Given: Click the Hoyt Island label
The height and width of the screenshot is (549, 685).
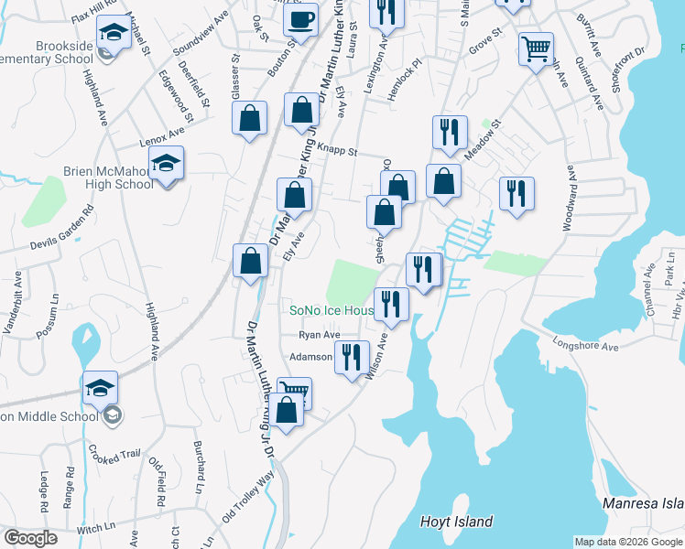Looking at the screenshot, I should [x=456, y=522].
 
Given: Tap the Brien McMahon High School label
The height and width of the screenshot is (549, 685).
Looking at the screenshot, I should [x=108, y=177].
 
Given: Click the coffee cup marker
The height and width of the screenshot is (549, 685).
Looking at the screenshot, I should [x=300, y=19].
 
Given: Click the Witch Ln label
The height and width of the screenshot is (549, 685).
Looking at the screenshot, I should [x=96, y=528].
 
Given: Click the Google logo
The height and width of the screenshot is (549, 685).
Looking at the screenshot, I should [x=30, y=538].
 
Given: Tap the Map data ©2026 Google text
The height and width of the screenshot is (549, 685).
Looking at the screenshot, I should [x=628, y=542].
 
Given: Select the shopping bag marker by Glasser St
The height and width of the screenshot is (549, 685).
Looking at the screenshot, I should [x=249, y=118].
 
